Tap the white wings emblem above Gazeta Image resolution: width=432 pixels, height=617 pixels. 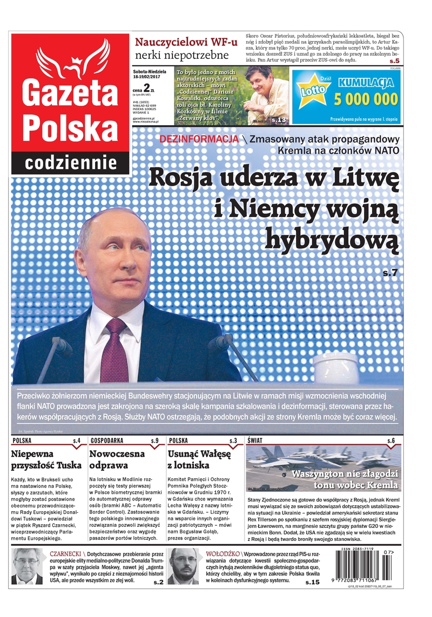tap(72, 58)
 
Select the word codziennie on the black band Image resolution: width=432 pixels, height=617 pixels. tap(71, 162)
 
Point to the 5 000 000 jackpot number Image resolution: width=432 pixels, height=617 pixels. tap(366, 99)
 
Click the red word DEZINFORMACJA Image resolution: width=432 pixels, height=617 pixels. tap(199, 139)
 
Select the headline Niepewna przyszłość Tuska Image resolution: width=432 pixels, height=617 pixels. tap(46, 459)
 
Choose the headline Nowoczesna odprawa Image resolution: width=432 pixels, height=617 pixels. tap(117, 459)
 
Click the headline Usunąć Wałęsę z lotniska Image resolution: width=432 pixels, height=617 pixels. tap(199, 459)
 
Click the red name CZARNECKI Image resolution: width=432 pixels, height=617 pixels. tap(65, 554)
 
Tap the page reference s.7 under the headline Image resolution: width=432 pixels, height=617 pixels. tap(390, 273)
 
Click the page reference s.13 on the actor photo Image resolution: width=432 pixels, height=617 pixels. tap(279, 119)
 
